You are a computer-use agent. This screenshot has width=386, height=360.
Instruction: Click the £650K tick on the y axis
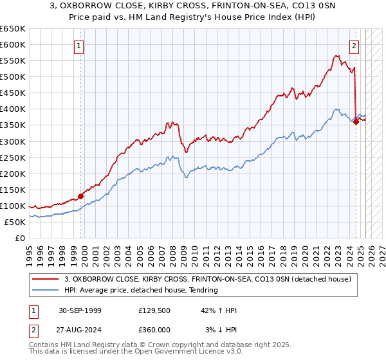13,29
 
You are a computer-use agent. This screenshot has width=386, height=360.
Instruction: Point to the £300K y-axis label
13,141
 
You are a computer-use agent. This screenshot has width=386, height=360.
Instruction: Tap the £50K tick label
15,222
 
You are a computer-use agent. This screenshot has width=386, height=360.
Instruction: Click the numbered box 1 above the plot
78,46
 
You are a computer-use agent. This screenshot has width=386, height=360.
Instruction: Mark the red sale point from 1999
81,196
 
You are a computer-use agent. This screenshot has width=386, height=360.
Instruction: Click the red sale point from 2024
356,121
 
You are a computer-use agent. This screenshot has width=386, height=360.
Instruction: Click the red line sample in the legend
46,279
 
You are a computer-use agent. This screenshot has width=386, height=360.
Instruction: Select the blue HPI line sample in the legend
46,290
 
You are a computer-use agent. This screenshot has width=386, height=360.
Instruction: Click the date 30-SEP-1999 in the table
80,310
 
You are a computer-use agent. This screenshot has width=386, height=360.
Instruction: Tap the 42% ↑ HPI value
219,310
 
